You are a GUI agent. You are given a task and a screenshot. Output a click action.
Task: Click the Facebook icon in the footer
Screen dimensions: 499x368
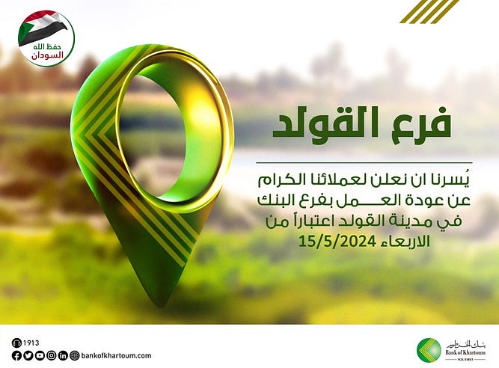[x=16, y=355]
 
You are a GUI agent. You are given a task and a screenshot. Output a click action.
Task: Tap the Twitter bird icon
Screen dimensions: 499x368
[x=28, y=355]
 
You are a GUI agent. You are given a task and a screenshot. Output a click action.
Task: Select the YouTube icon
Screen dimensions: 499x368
[x=40, y=355]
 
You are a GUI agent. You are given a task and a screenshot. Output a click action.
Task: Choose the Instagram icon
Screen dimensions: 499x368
[x=51, y=355]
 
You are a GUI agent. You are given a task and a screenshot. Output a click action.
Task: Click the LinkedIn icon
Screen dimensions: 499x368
[x=63, y=355]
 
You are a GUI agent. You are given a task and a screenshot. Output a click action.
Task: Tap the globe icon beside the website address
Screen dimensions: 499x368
[x=75, y=355]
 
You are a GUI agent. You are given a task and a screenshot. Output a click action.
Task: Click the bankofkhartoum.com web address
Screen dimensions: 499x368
[x=117, y=355]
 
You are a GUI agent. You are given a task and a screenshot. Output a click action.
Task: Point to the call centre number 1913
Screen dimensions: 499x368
[x=31, y=343]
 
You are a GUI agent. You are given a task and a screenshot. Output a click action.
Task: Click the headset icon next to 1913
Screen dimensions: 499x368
[x=16, y=343]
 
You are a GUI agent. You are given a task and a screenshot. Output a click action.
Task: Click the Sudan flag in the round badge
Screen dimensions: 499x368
[x=42, y=28]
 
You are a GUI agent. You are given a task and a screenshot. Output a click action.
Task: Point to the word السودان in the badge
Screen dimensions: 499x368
[x=48, y=55]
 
